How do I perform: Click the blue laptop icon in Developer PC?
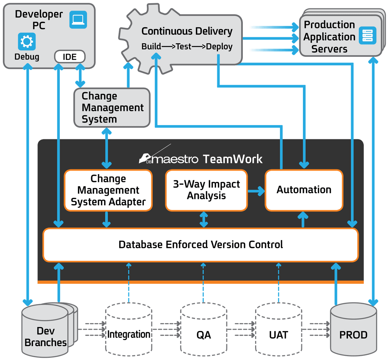click(x=78, y=19)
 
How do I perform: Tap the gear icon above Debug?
click(x=27, y=41)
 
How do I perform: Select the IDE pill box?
click(x=70, y=57)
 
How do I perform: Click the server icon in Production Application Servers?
click(x=368, y=35)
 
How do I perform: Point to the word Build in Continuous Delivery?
click(x=151, y=47)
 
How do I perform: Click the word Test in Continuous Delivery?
click(x=183, y=47)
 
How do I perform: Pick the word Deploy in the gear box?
click(x=219, y=47)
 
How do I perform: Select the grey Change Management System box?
click(x=112, y=108)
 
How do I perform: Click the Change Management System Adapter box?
click(x=108, y=190)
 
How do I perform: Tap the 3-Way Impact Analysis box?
click(x=207, y=190)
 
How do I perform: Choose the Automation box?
click(x=304, y=190)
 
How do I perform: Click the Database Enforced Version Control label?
click(x=201, y=244)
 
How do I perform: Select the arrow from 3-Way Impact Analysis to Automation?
click(x=256, y=191)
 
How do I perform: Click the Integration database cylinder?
click(x=129, y=329)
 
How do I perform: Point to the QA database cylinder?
click(x=204, y=329)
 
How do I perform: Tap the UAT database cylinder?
click(x=279, y=329)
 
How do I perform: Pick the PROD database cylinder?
click(x=353, y=329)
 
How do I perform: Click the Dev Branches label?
click(x=46, y=337)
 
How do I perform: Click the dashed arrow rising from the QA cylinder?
click(x=203, y=283)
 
